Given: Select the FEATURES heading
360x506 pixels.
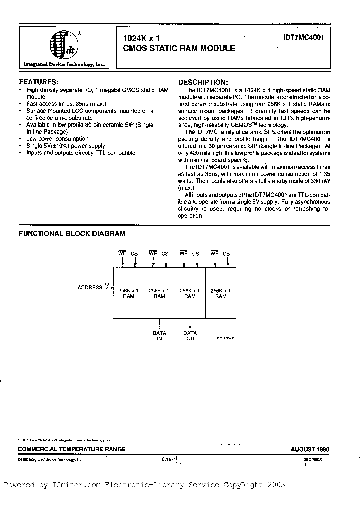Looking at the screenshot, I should pyautogui.click(x=38, y=82).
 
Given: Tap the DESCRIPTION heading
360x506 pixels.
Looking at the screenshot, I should pyautogui.click(x=203, y=82).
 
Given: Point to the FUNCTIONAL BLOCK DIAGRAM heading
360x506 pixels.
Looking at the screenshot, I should pyautogui.click(x=72, y=233).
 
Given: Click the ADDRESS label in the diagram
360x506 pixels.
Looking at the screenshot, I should pyautogui.click(x=90, y=287).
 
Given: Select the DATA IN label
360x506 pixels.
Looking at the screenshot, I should pyautogui.click(x=159, y=336).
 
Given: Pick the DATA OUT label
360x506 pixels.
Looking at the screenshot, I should pyautogui.click(x=190, y=336).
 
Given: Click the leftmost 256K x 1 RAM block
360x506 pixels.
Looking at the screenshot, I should pyautogui.click(x=128, y=293).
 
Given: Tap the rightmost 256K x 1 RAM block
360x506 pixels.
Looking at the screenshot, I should pyautogui.click(x=221, y=293).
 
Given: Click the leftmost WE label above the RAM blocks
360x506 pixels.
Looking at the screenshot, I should pyautogui.click(x=122, y=254).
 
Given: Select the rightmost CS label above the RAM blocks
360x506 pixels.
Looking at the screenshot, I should pyautogui.click(x=226, y=254).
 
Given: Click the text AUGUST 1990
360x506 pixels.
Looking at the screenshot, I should pyautogui.click(x=310, y=449).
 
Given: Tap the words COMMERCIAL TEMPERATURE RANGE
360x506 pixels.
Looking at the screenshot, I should pyautogui.click(x=72, y=449).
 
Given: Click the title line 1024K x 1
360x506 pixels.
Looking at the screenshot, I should pyautogui.click(x=141, y=38).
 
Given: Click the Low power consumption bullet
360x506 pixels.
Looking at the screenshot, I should pyautogui.click(x=57, y=139).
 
